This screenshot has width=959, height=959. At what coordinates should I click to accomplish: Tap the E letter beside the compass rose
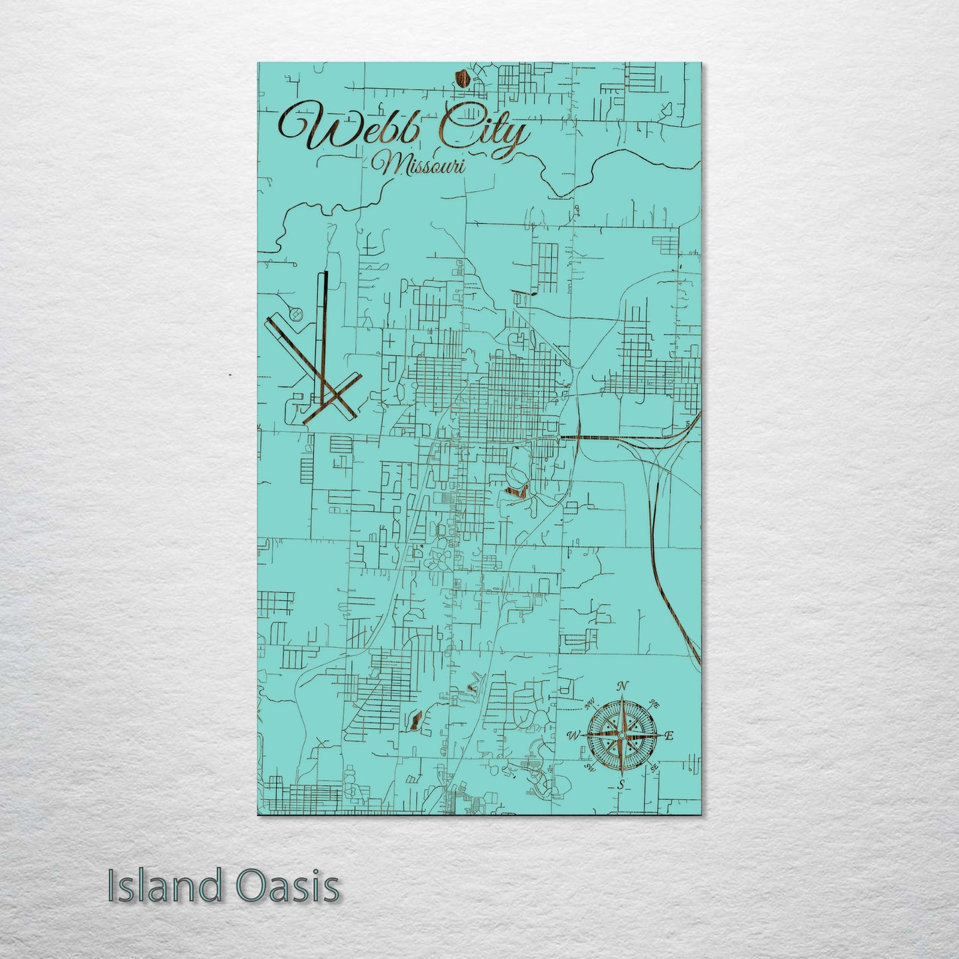[670, 735]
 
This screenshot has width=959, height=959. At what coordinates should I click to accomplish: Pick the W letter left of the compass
[574, 735]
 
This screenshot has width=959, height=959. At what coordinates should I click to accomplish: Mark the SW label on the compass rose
[589, 768]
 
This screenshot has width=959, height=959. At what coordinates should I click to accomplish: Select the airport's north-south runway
[325, 319]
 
